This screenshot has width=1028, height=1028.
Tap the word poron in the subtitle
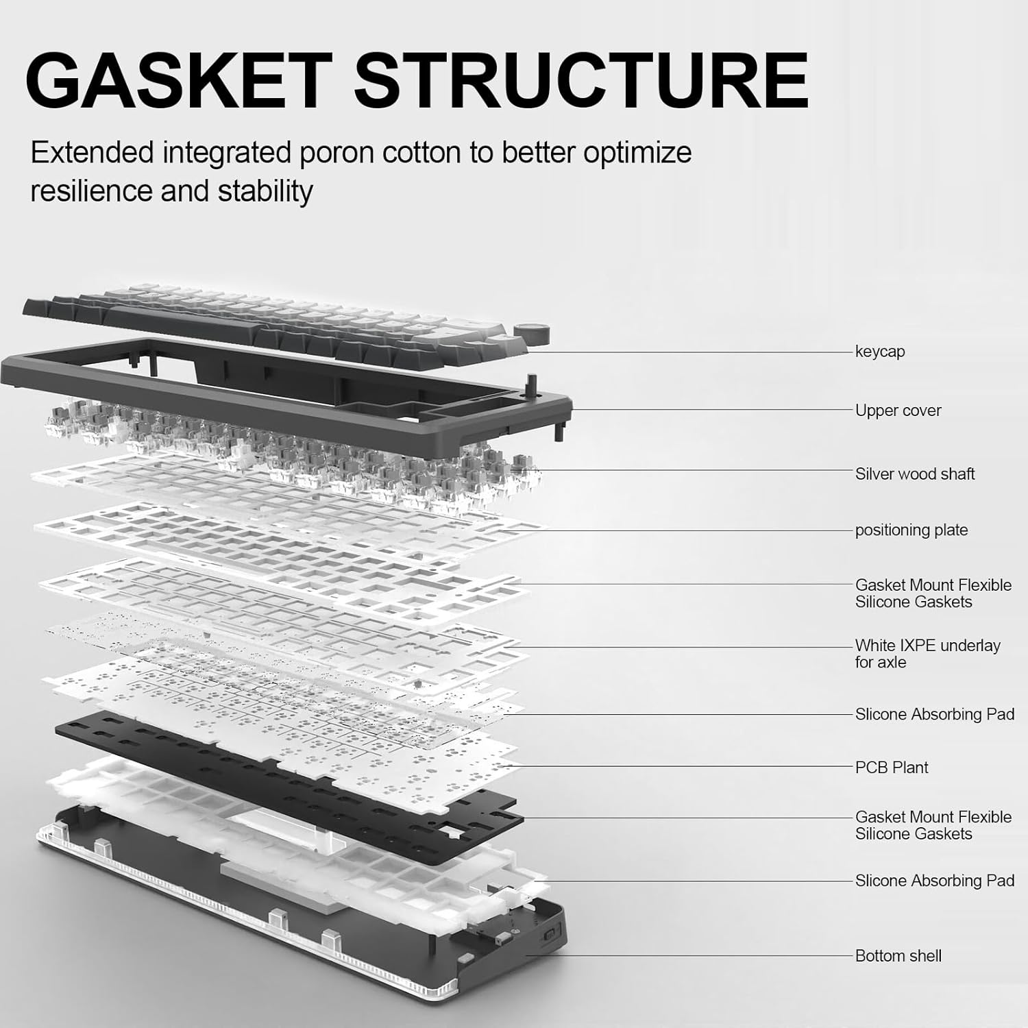pyautogui.click(x=334, y=152)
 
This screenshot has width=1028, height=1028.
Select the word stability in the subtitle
pyautogui.click(x=265, y=191)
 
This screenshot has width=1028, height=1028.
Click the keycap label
pyautogui.click(x=879, y=352)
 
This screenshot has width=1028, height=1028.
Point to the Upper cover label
pyautogui.click(x=898, y=411)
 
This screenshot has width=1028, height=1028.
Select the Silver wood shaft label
pyautogui.click(x=914, y=474)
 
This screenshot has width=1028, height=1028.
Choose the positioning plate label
pyautogui.click(x=911, y=530)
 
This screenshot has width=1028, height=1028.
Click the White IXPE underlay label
pyautogui.click(x=927, y=654)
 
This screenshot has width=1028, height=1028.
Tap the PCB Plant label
pyautogui.click(x=891, y=768)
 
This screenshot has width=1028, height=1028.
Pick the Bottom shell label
pyautogui.click(x=898, y=956)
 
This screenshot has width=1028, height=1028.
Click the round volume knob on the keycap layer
pyautogui.click(x=533, y=335)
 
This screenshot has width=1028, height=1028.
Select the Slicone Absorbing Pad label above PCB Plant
pyautogui.click(x=934, y=714)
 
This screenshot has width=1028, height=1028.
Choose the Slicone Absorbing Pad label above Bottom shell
pyautogui.click(x=934, y=881)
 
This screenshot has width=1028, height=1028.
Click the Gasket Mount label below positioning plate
pyautogui.click(x=933, y=593)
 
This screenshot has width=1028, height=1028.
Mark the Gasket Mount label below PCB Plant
pyautogui.click(x=933, y=825)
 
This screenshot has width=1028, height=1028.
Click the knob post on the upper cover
pyautogui.click(x=530, y=382)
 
